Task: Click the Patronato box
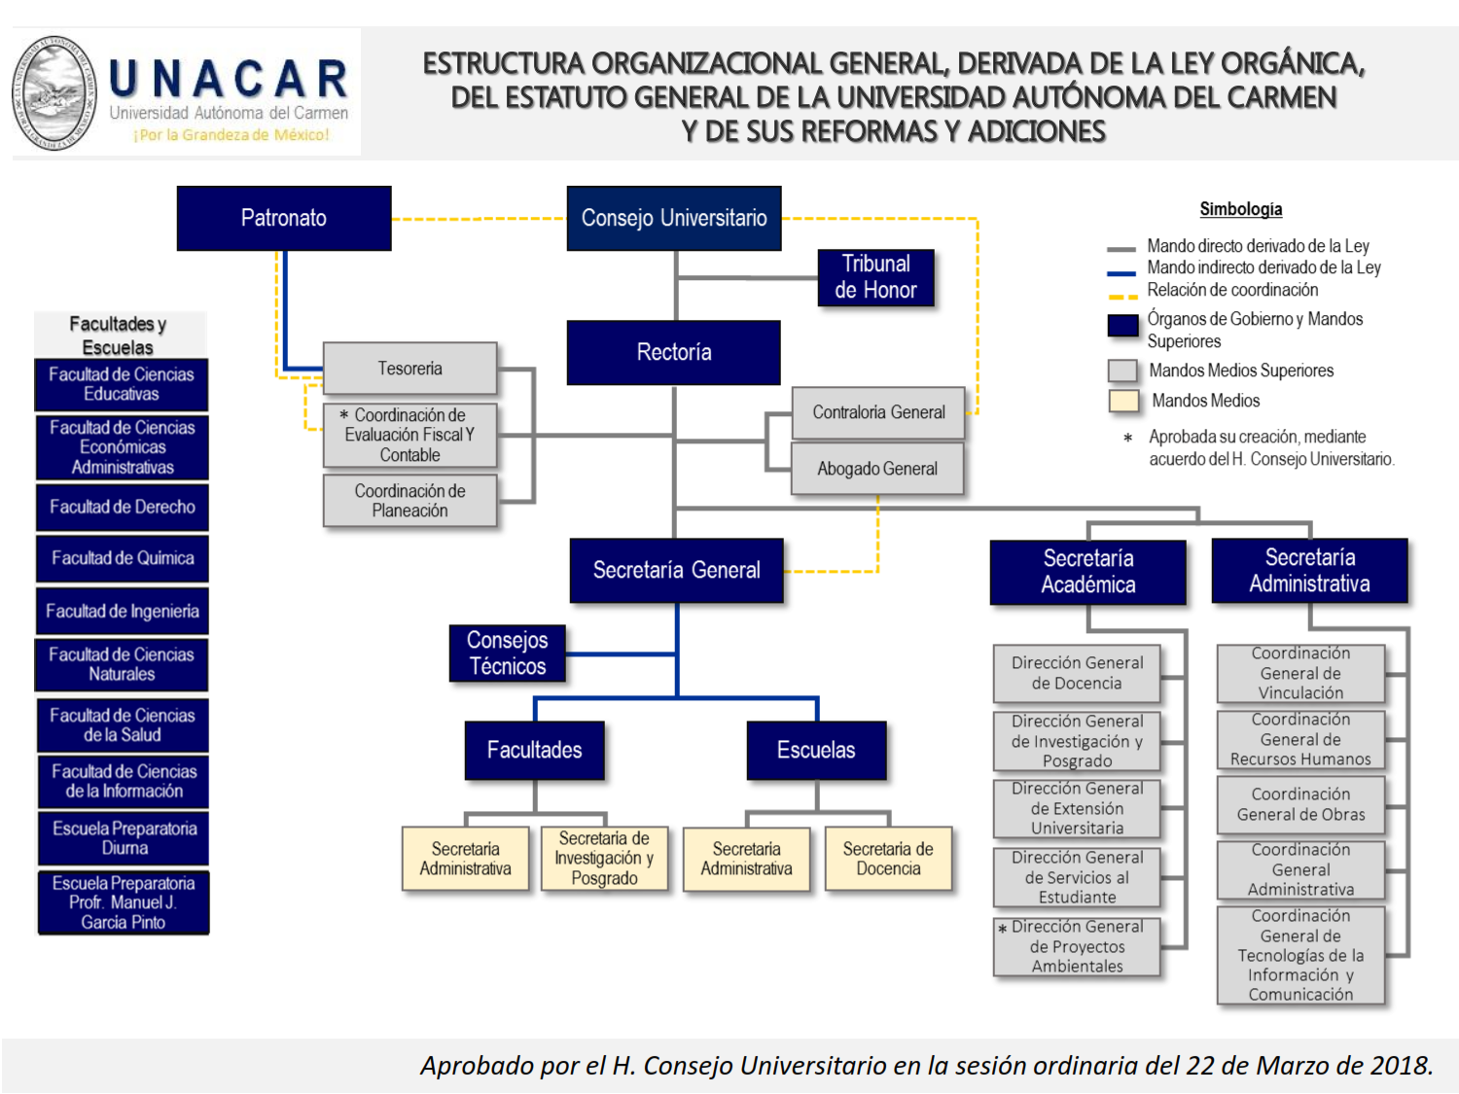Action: point(284,218)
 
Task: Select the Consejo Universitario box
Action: point(674,218)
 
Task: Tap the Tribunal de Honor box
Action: point(876,277)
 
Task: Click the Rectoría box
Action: point(674,352)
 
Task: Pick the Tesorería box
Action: point(410,368)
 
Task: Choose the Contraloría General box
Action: point(878,412)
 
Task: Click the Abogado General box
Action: point(877,469)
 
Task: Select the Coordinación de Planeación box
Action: point(410,501)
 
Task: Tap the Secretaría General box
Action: point(677,570)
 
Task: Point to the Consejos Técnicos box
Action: point(508,653)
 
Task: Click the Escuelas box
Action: point(817,750)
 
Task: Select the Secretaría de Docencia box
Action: point(889,859)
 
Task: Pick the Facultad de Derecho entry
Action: point(123,507)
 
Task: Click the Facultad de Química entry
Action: point(123,558)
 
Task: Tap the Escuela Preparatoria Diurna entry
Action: point(124,838)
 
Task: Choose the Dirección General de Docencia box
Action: point(1077,673)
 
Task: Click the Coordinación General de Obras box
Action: point(1300,804)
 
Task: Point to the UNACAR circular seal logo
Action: point(54,92)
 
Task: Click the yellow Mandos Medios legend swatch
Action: point(1123,402)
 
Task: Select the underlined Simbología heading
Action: point(1240,209)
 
